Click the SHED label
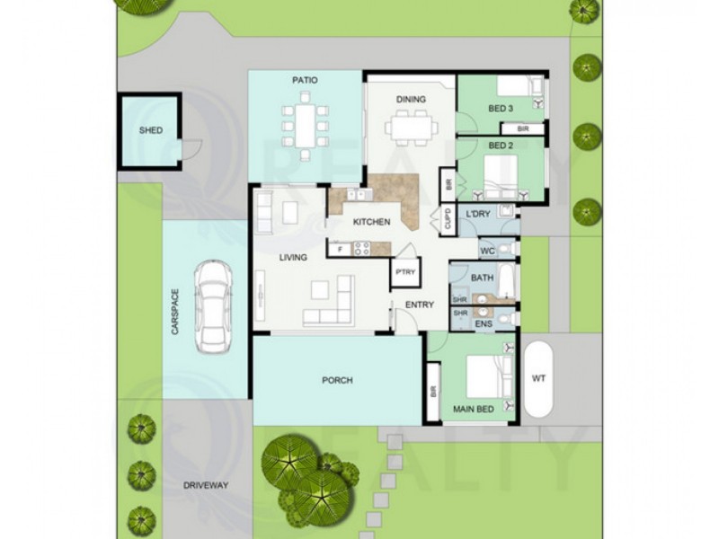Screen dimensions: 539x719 coord(151,130)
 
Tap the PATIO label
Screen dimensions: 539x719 coord(305,81)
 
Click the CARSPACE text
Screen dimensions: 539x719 coord(175,312)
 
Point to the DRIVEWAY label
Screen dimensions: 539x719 coord(206,485)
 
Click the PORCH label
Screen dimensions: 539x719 coord(337,380)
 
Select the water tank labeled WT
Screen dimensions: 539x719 coord(538,379)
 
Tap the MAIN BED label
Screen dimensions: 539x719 coord(473,410)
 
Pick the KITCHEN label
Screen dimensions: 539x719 coord(370,221)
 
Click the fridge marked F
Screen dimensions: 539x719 coord(340,249)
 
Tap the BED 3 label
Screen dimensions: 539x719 coord(500,109)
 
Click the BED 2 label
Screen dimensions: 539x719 coord(500,145)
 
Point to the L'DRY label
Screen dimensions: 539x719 coord(478,213)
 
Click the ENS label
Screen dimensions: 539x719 coord(483,323)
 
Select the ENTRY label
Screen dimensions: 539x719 coord(419,305)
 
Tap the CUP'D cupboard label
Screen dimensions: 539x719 coord(446,220)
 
